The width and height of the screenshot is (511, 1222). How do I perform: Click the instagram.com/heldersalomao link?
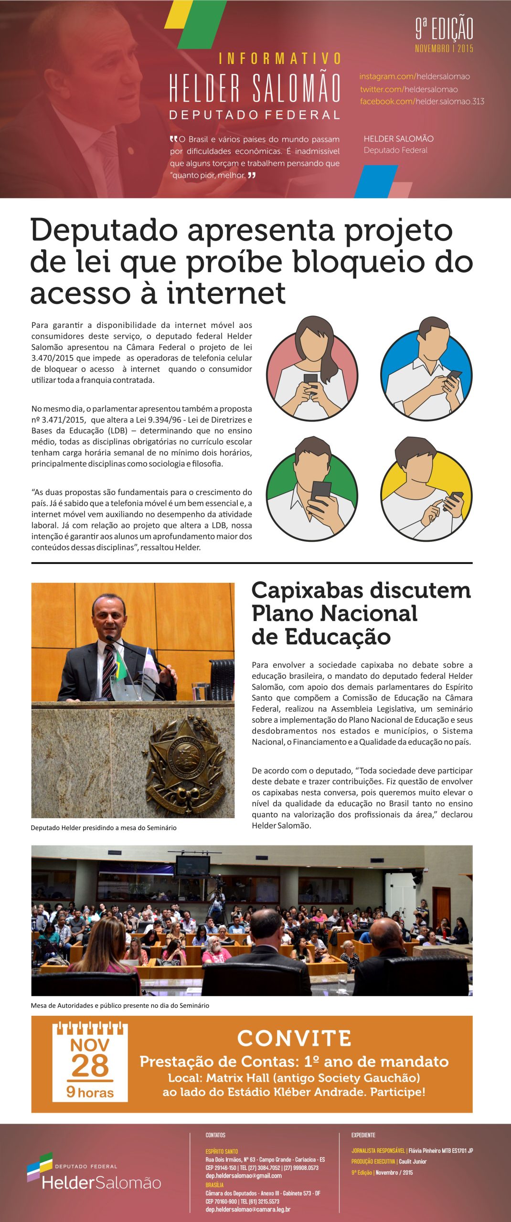[414, 76]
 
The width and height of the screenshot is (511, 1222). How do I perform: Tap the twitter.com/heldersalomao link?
[408, 89]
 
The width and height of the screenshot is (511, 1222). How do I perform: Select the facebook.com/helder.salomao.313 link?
[422, 101]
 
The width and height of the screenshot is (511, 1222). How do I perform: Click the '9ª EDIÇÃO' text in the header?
[444, 29]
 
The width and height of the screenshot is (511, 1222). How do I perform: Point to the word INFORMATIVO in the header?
[280, 59]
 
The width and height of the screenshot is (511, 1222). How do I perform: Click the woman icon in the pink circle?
[312, 369]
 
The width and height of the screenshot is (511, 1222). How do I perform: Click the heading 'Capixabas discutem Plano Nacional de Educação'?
[361, 613]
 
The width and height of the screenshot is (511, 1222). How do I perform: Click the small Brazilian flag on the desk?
[120, 666]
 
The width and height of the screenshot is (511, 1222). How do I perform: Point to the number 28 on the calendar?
[90, 1066]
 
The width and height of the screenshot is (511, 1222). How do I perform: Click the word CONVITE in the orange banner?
[294, 1038]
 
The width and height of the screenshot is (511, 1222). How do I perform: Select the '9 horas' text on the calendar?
[90, 1092]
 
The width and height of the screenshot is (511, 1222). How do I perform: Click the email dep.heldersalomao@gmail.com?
[244, 1176]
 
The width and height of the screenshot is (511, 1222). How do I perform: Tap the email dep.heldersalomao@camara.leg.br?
[248, 1209]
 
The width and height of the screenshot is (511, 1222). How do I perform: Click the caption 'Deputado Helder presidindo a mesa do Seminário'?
[104, 828]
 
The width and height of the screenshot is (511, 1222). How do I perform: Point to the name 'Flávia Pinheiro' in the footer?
[428, 1150]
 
